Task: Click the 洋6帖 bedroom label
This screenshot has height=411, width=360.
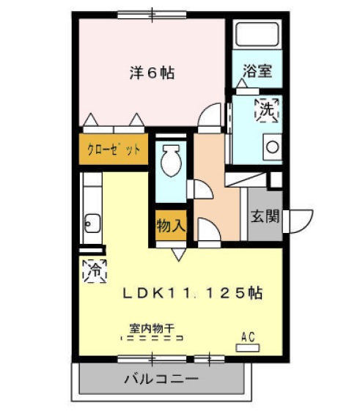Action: pyautogui.click(x=152, y=73)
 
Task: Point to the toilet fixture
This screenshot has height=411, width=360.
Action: pyautogui.click(x=172, y=159)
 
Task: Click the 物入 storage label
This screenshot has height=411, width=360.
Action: pyautogui.click(x=170, y=226)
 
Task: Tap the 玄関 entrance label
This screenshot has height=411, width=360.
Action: pyautogui.click(x=265, y=217)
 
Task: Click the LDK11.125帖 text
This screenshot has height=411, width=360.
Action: pyautogui.click(x=193, y=293)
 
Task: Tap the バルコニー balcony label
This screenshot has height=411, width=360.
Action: pyautogui.click(x=161, y=379)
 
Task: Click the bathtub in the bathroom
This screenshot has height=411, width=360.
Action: pyautogui.click(x=254, y=34)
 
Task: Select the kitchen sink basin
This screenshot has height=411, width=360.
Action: pyautogui.click(x=92, y=222)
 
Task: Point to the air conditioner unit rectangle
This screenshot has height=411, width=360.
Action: pyautogui.click(x=248, y=347)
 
